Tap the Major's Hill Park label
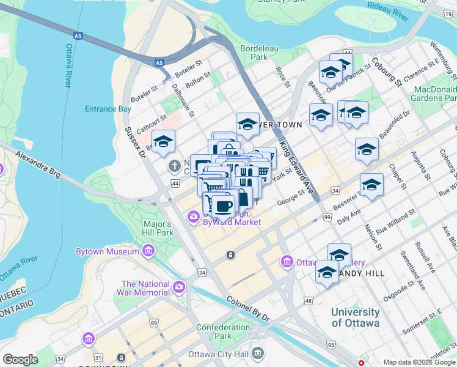pos(158,228)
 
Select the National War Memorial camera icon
pos(179,286)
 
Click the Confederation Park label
pos(223,332)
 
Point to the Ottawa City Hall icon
pos(258,353)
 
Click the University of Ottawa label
pos(355,317)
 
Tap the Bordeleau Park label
pos(254,52)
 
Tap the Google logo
pos(20,360)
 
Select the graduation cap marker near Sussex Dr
pos(163,142)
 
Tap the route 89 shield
pos(153,322)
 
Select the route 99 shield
pos(327,218)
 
